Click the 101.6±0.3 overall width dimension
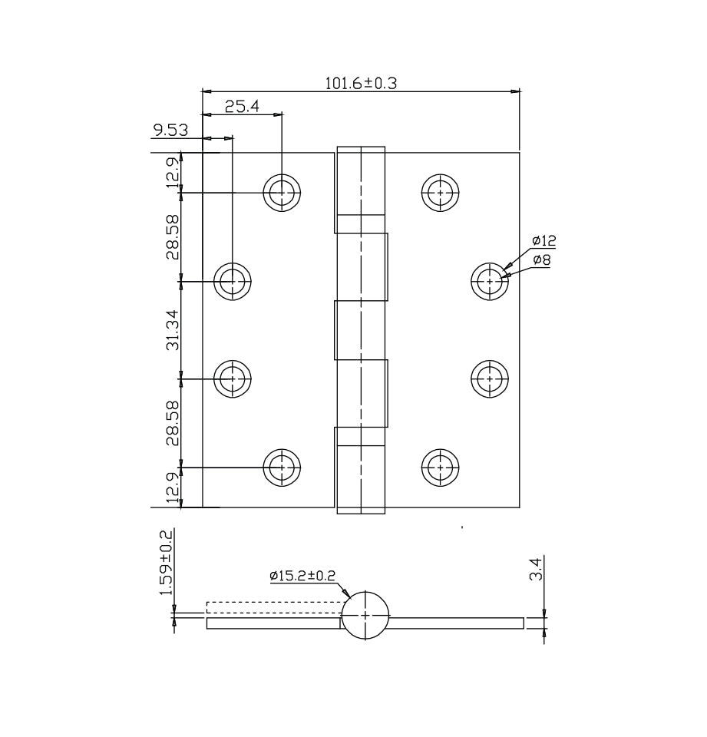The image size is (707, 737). pyautogui.click(x=361, y=83)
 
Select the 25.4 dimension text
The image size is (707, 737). pyautogui.click(x=242, y=107)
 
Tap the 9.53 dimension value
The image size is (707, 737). pyautogui.click(x=170, y=131)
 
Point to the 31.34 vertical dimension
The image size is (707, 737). pyautogui.click(x=173, y=329)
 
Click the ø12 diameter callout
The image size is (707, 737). pyautogui.click(x=544, y=241)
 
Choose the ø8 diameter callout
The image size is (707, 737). pyautogui.click(x=541, y=260)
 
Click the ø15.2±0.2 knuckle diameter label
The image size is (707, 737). pyautogui.click(x=302, y=576)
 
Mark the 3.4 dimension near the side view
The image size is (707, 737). pyautogui.click(x=537, y=568)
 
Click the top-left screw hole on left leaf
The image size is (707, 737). pyautogui.click(x=282, y=193)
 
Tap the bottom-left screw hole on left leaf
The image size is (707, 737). pyautogui.click(x=282, y=468)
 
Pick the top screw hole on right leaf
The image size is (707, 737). pyautogui.click(x=441, y=193)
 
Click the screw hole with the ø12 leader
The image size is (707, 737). pyautogui.click(x=490, y=281)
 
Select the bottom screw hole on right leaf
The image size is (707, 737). pyautogui.click(x=441, y=468)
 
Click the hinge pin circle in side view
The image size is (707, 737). pyautogui.click(x=365, y=615)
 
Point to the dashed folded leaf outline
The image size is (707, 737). pyautogui.click(x=275, y=608)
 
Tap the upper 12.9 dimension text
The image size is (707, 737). pyautogui.click(x=173, y=173)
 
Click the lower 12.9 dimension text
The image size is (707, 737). pyautogui.click(x=173, y=488)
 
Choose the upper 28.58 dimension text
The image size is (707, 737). pyautogui.click(x=173, y=237)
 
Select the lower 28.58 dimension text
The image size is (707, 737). pyautogui.click(x=173, y=423)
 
